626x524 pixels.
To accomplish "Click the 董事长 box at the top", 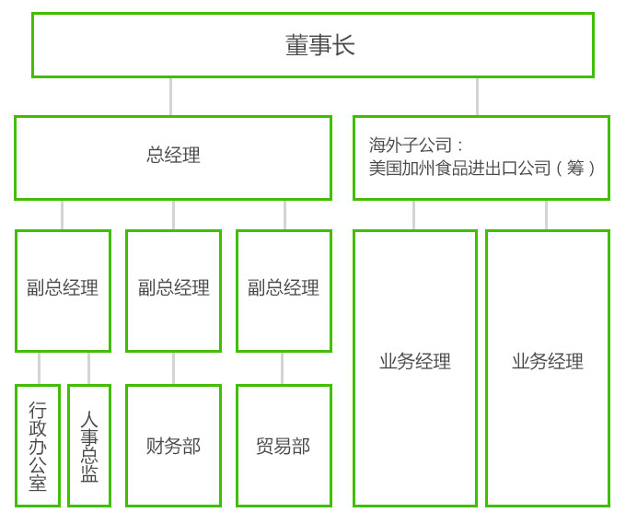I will click(x=313, y=45).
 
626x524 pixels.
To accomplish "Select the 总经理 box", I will click(x=173, y=157).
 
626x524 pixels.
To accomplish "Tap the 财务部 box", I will click(x=173, y=446).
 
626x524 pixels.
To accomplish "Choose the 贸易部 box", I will click(x=284, y=446).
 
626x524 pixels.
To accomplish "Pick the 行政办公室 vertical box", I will click(x=38, y=446).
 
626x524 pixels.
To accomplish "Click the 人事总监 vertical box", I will click(x=89, y=446).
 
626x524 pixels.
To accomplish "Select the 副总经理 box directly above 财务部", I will click(x=173, y=289).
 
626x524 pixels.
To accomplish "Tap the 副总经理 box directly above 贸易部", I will click(x=284, y=289).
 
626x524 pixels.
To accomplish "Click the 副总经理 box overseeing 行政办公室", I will click(x=63, y=289).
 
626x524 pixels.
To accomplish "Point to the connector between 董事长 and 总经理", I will click(x=170, y=97).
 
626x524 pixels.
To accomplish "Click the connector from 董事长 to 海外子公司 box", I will click(x=477, y=97).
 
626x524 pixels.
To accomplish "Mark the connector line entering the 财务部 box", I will click(x=173, y=368).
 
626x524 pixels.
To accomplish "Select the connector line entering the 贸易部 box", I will click(x=282, y=368).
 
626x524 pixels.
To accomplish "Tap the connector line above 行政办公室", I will click(x=39, y=368).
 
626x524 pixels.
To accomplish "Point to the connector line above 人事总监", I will click(x=88, y=368).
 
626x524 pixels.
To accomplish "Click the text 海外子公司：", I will click(x=417, y=146).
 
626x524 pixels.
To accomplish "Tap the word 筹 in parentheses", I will click(x=575, y=169).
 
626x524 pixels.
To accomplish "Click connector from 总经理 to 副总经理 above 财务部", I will click(x=173, y=215).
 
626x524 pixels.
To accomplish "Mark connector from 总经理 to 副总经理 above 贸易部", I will click(x=284, y=215).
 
